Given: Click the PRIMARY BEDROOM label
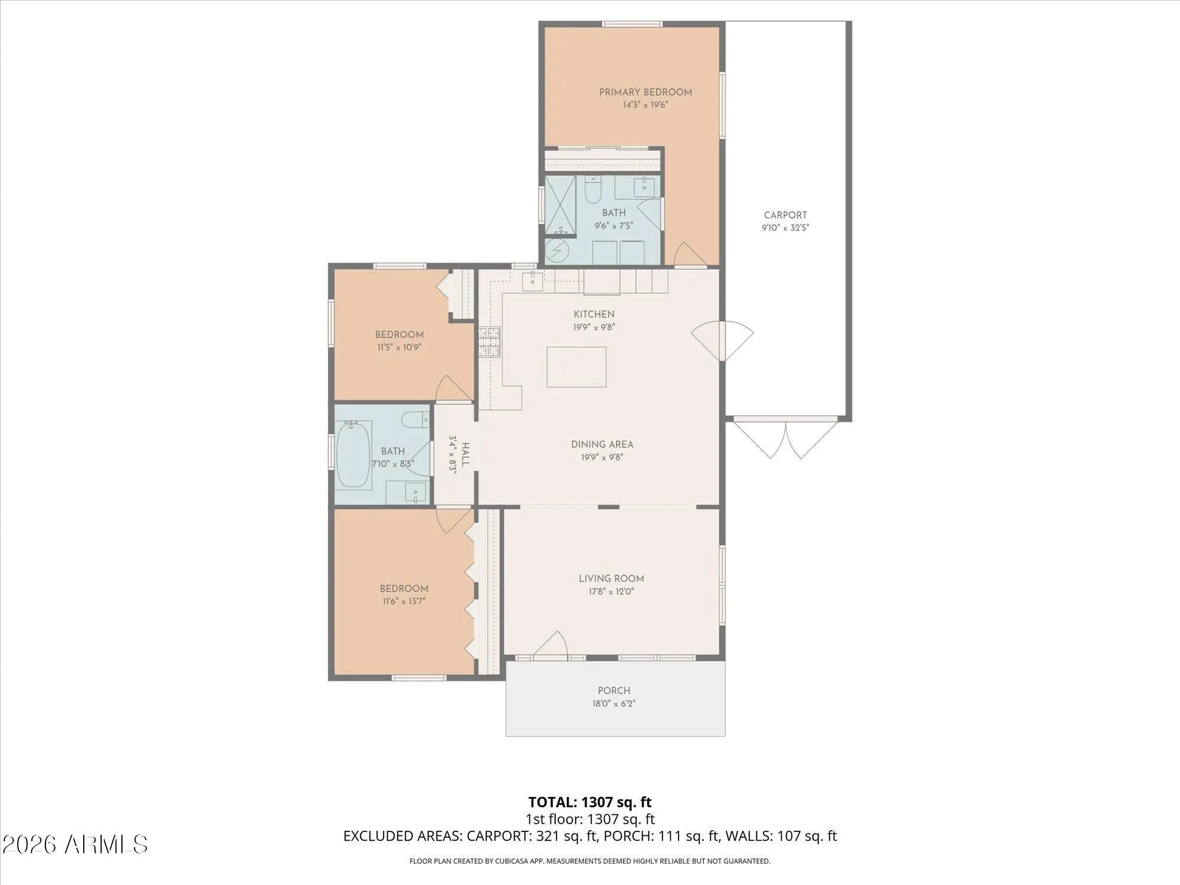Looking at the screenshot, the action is (645, 92).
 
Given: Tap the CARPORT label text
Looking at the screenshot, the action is (785, 215).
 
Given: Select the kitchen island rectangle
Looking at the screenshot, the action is (576, 367).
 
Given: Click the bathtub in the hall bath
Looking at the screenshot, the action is (353, 454).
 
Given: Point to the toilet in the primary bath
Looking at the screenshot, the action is (592, 189).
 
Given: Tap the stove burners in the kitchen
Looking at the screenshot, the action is (489, 342).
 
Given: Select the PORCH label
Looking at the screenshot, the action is (614, 690).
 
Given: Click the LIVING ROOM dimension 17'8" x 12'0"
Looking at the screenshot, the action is (611, 591).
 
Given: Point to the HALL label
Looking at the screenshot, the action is (466, 455).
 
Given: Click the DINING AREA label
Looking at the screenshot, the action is (602, 444).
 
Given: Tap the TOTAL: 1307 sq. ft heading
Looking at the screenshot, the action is (590, 802).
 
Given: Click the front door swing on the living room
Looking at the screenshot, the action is (551, 644).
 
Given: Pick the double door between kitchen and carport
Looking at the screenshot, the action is (722, 341).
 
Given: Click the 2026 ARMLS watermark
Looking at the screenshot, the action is (75, 845).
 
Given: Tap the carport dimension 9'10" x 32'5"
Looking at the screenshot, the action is (785, 228).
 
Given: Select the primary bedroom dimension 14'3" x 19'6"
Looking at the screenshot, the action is (645, 105).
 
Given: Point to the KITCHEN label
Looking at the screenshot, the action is (594, 314).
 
